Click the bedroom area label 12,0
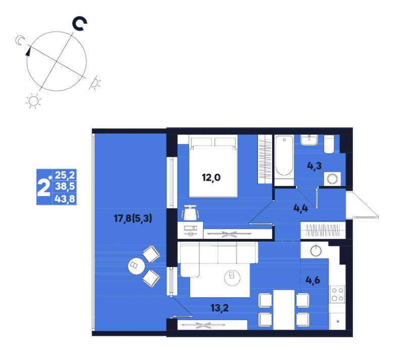pos(211,178)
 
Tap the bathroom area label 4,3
pos(314,166)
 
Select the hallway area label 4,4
pos(300,208)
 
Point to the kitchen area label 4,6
pos(313,280)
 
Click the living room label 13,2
pos(220,307)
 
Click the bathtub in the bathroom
pos(284,157)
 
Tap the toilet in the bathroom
pos(329,144)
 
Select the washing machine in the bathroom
pos(332,179)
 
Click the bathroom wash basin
pos(309,140)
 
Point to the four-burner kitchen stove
pos(337,294)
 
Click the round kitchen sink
pos(316,250)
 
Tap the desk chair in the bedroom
pos(190,213)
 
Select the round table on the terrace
pos(136,267)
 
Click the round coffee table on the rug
pos(232,278)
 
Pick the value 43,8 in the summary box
pos(65,199)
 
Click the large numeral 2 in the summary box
pos(43,188)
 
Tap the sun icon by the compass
pos(33,101)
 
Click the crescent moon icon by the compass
pos(20,40)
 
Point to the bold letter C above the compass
pos(79,24)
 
